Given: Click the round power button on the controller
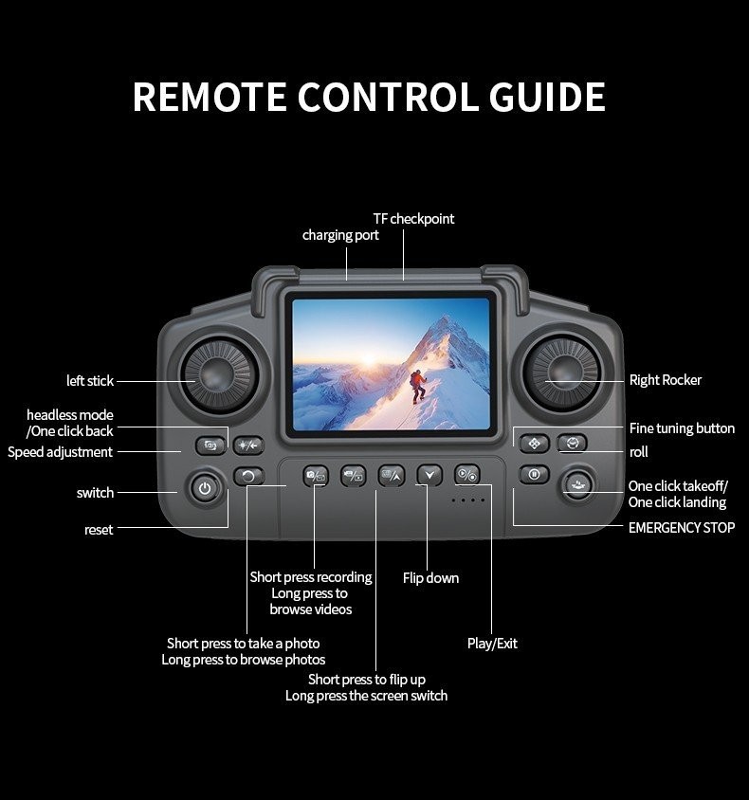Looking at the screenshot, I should point(202,489).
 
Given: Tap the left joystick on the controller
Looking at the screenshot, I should point(219,378).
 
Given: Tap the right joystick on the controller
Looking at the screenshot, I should point(563,378).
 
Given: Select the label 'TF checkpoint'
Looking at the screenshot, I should point(413,219).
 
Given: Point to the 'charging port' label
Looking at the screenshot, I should point(340,235).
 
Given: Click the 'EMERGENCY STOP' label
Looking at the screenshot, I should point(681,528).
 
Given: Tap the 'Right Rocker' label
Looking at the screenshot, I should point(666,380).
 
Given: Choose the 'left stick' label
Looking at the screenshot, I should point(89,381).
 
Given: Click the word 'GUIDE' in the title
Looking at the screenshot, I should point(547,98).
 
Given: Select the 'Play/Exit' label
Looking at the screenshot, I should point(492,644).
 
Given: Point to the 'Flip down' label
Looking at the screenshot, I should point(430,578).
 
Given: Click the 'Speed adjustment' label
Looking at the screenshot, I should point(60,452).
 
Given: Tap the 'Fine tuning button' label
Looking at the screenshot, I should point(682,428).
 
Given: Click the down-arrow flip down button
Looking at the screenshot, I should point(429,475).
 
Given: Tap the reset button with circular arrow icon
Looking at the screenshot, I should point(248,476).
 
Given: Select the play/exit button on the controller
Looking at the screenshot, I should point(466,475).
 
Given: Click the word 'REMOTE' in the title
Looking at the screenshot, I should point(209,98).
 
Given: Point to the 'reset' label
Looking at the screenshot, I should point(99,530).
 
